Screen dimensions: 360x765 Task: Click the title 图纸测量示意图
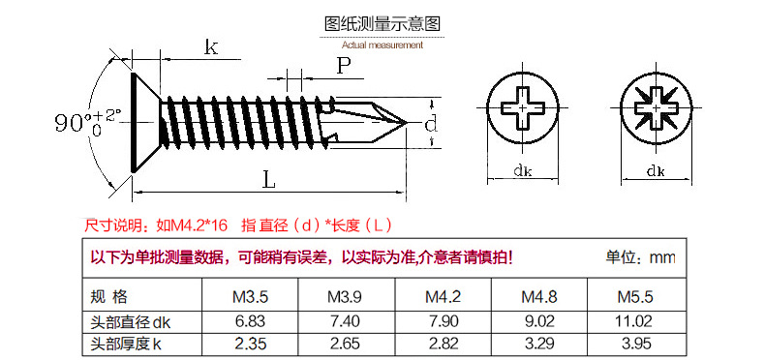coord(382,25)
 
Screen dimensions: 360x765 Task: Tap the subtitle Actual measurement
coord(382,45)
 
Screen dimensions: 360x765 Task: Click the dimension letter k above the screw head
coord(210,48)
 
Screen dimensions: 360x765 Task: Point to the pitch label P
coord(343,66)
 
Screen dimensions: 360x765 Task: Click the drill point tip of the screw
coord(407,122)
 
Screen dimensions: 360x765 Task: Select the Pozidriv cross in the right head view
coord(656,107)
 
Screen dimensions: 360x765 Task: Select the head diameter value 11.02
coord(635,320)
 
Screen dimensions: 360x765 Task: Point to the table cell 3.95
coord(635,343)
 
